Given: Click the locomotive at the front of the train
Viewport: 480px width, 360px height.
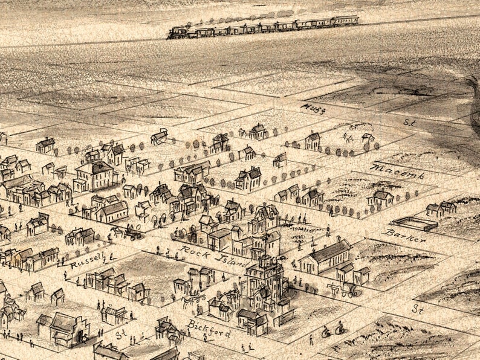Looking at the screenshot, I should tap(178, 33).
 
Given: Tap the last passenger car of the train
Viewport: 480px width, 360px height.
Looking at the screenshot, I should tap(345, 21).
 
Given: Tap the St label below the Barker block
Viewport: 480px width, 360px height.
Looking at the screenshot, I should tap(417, 308).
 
